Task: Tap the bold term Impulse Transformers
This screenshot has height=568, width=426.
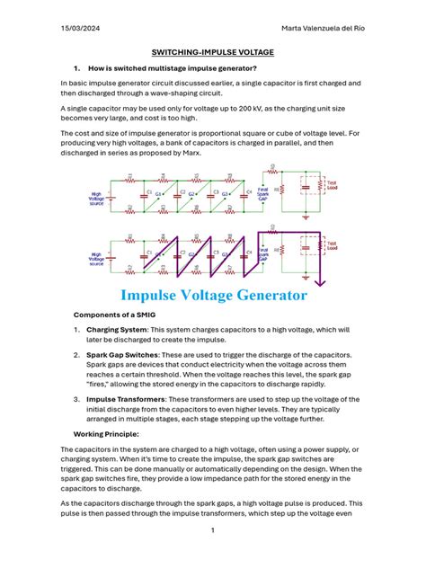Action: pos(129,399)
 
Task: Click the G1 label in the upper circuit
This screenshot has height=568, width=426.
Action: pos(159,193)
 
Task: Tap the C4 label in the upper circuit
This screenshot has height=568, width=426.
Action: pos(248,191)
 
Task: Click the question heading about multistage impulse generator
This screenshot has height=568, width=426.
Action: pos(159,67)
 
